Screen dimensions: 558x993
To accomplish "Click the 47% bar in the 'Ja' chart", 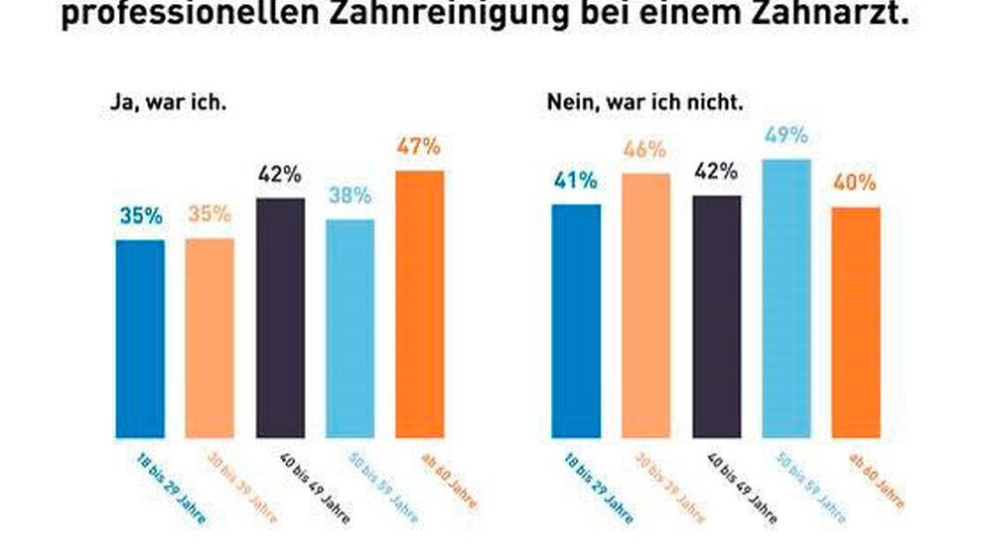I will (x=420, y=304).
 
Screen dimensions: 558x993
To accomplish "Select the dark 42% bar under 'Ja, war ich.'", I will (x=280, y=318).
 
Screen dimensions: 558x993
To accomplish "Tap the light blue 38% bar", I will (x=350, y=329).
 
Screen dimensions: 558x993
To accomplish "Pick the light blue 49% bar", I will (x=786, y=298).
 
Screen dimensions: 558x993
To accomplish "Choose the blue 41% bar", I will (x=576, y=321).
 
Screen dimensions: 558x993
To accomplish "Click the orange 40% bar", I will (x=856, y=322).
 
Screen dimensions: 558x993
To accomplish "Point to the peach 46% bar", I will (x=645, y=305).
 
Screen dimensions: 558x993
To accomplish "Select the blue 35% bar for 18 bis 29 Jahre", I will (x=140, y=339).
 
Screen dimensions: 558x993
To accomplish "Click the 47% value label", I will (x=419, y=147).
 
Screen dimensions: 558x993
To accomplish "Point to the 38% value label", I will (x=350, y=197).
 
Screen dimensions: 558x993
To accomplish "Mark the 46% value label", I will (x=645, y=151).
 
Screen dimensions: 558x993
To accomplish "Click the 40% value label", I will (x=856, y=184).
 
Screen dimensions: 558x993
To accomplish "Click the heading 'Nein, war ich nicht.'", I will (x=645, y=101).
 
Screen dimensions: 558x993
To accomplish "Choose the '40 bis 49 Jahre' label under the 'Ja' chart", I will (x=312, y=488).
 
